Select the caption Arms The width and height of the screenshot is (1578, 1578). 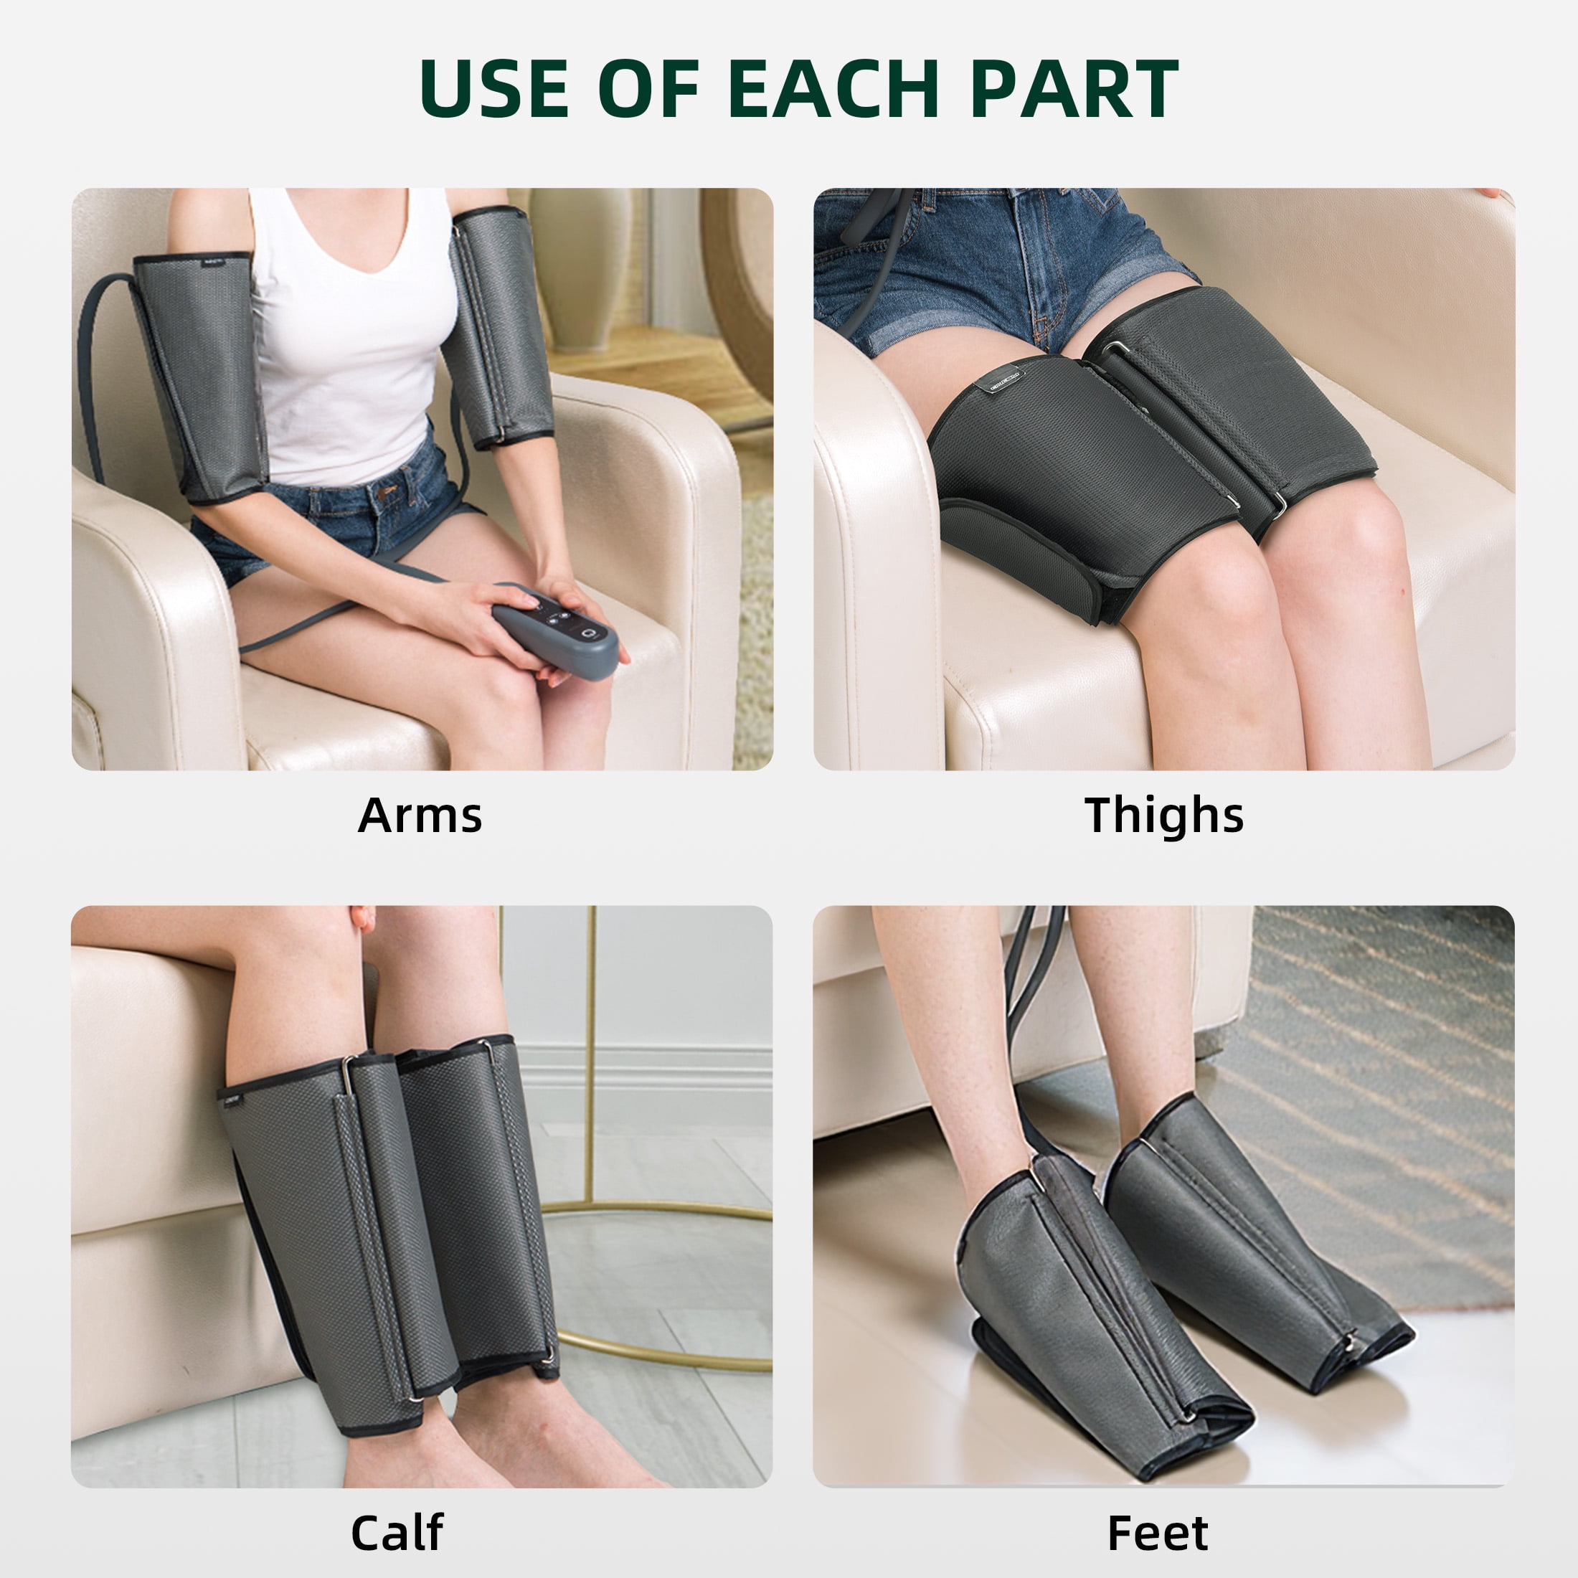pos(420,815)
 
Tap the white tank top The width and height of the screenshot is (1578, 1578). pos(353,335)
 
